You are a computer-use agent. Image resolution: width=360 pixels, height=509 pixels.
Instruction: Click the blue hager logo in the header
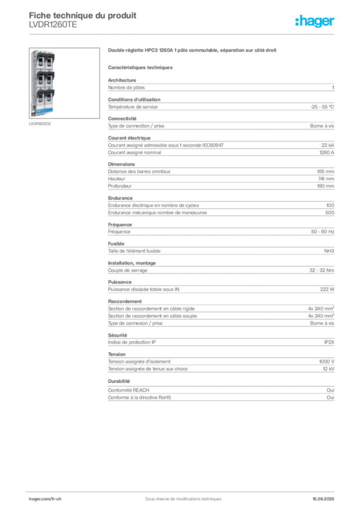pyautogui.click(x=316, y=21)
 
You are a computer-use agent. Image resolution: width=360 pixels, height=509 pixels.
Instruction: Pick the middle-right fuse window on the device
pyautogui.click(x=49, y=80)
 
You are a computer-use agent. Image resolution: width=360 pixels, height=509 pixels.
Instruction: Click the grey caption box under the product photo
pyautogui.click(x=39, y=124)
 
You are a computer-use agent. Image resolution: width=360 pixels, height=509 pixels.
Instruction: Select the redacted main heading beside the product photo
pyautogui.click(x=191, y=50)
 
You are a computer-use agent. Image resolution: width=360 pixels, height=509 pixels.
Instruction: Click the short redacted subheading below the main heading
pyautogui.click(x=141, y=68)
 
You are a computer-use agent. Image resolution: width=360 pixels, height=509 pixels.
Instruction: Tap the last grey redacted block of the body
pyautogui.click(x=221, y=390)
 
